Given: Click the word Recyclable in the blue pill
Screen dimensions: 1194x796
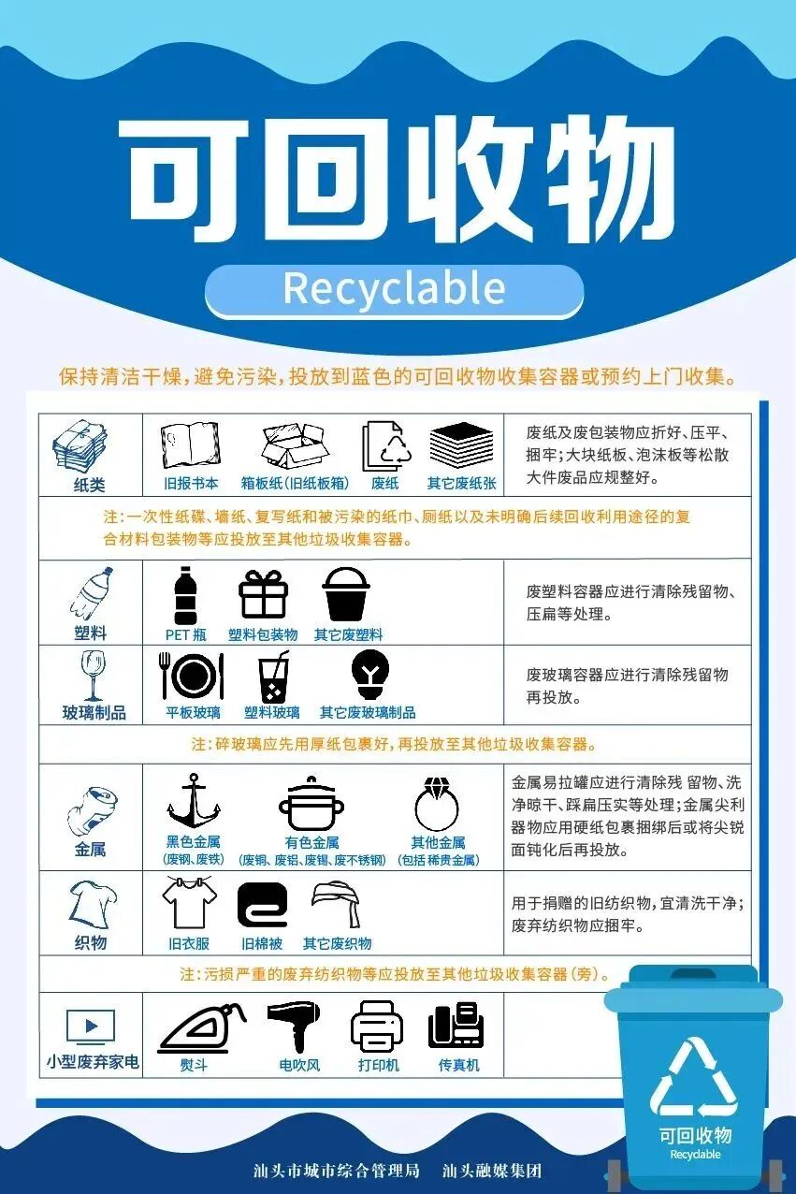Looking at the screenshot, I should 394,289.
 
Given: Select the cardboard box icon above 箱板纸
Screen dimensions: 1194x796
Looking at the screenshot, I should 294,445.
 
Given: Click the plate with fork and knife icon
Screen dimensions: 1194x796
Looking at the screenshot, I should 193,676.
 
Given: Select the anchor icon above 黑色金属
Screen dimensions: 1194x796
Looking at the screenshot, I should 193,801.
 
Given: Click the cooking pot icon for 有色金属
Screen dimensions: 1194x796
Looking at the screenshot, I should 311,803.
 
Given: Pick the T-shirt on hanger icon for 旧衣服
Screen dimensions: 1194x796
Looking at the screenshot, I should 189,902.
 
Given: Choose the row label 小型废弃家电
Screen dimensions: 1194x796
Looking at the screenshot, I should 93,1062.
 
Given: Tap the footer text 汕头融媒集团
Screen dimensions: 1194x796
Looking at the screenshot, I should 492,1171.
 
